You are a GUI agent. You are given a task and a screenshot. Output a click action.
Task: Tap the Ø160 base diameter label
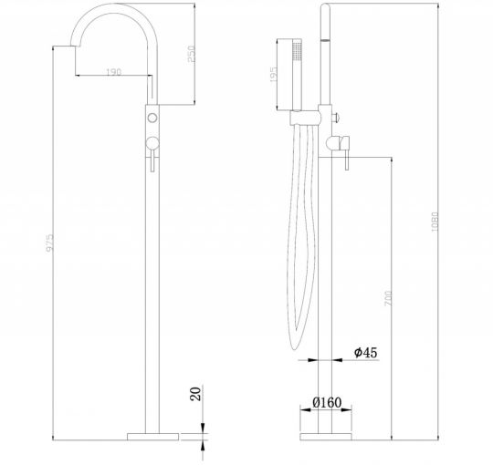point(326,400)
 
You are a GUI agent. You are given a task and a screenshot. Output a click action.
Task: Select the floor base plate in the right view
point(325,429)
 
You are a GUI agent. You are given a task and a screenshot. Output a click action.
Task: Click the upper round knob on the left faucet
point(152,119)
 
